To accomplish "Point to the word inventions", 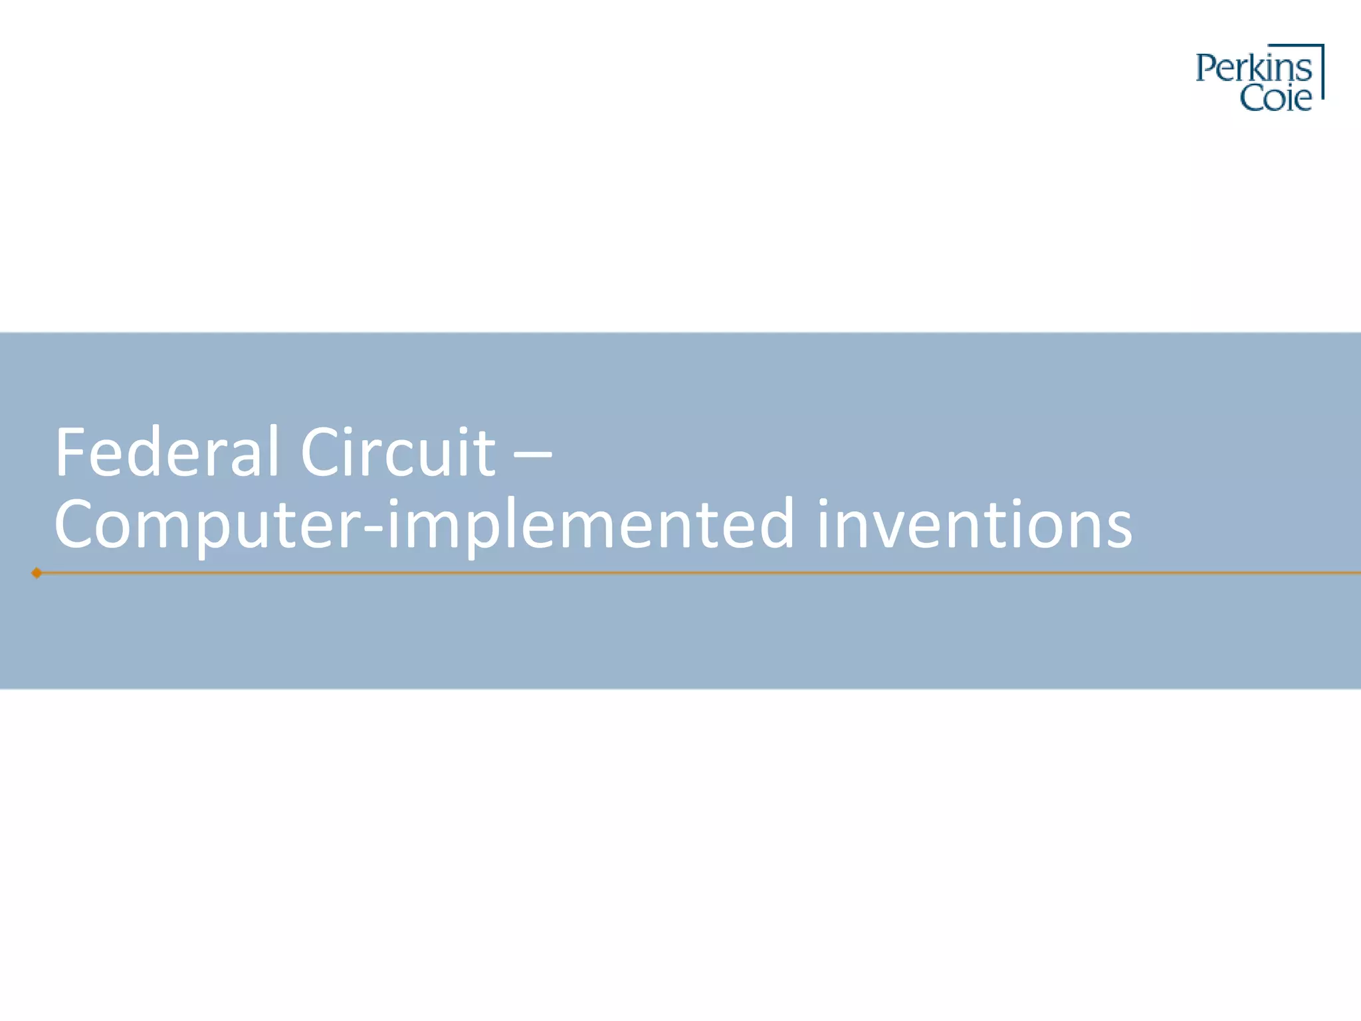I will coord(974,525).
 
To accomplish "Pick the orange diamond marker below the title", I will coord(37,573).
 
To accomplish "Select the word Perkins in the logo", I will coord(1253,68).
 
